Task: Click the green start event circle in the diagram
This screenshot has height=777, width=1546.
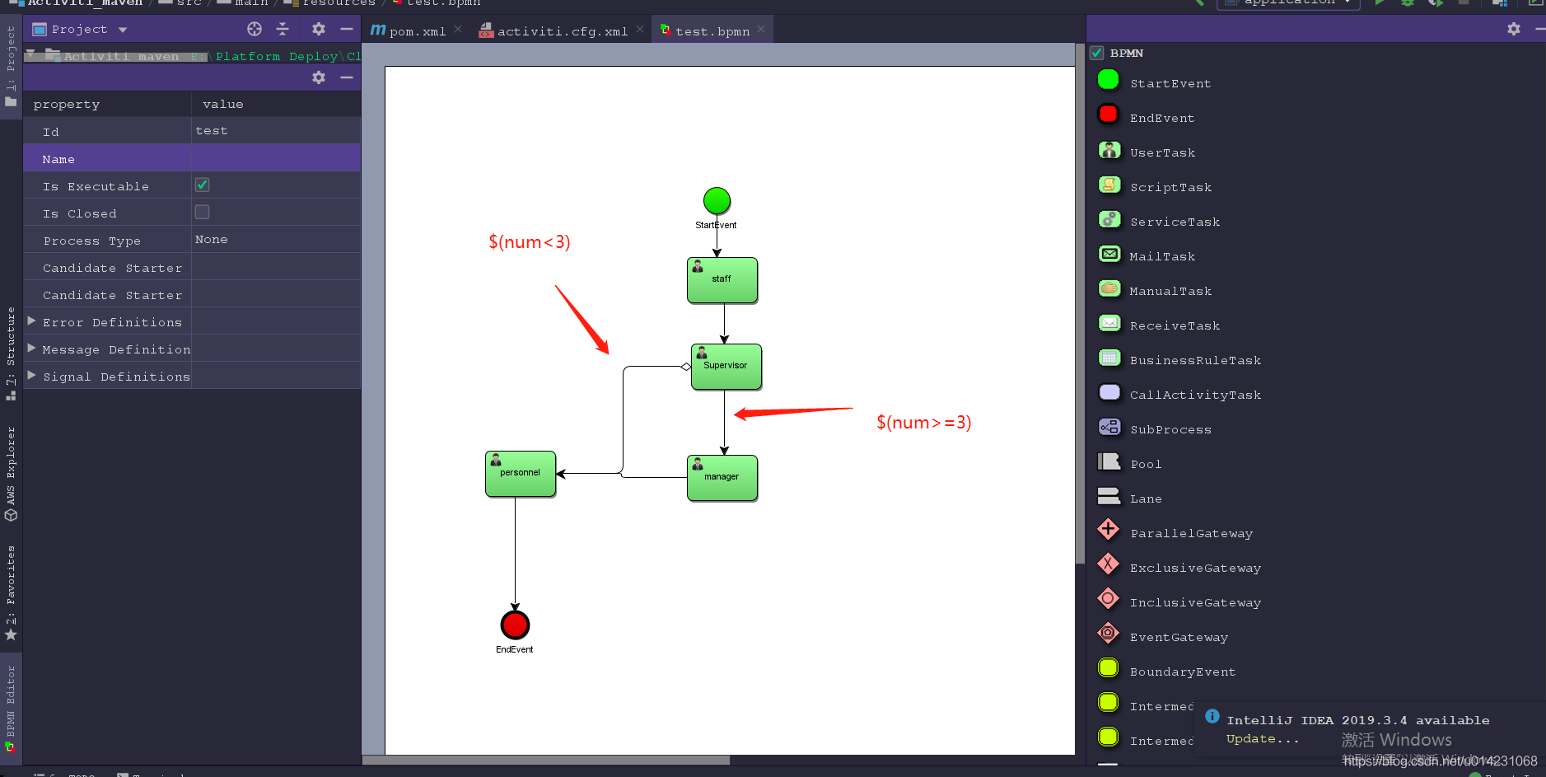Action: click(717, 200)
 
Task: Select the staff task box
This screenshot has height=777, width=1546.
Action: click(722, 280)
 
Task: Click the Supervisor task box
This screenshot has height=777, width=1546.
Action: click(726, 367)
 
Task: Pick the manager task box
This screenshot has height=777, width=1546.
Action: click(722, 478)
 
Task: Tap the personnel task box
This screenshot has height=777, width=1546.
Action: click(521, 474)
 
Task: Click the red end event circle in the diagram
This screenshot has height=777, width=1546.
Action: click(515, 625)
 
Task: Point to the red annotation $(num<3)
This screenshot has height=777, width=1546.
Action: click(529, 241)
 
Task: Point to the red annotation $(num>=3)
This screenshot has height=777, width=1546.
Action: click(923, 423)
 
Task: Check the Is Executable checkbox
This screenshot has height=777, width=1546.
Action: click(202, 185)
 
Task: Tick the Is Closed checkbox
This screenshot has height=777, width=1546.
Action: click(202, 213)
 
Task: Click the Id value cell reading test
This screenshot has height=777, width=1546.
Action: click(212, 131)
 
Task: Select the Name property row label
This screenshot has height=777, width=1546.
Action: click(58, 159)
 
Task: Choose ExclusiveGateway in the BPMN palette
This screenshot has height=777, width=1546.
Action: click(1194, 568)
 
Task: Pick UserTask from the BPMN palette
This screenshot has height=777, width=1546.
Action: click(1162, 152)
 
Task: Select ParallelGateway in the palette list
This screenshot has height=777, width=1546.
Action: click(1191, 533)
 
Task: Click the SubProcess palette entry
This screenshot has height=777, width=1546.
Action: click(1170, 429)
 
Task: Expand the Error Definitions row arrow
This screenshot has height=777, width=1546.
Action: click(31, 321)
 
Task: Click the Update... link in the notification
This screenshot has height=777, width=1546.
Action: click(1262, 739)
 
